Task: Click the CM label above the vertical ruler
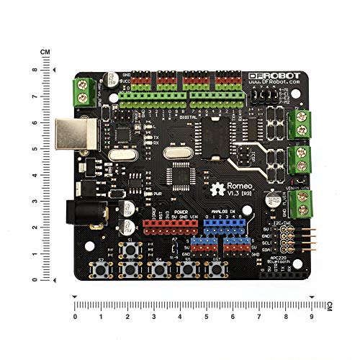(45, 52)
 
